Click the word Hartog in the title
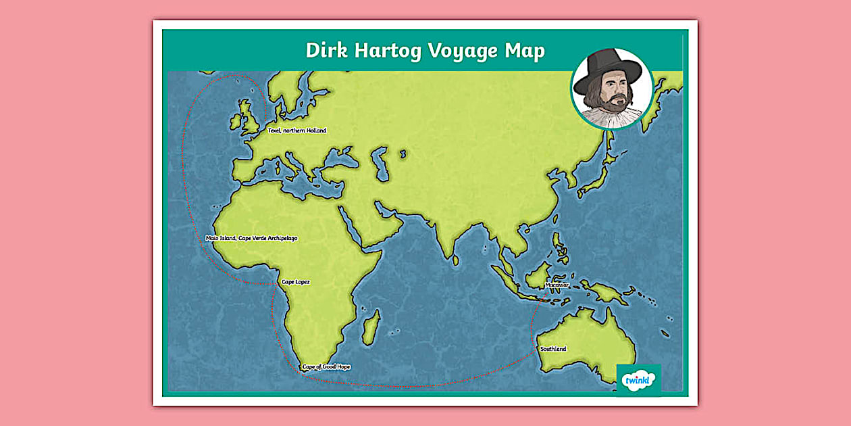[x=379, y=51]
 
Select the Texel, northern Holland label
[x=297, y=131]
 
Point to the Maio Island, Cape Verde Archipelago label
[x=251, y=238]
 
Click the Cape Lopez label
[x=295, y=281]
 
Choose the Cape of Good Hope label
[x=326, y=366]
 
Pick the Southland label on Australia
[x=553, y=349]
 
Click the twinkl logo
[x=638, y=380]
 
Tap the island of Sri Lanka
[x=455, y=260]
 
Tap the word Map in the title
[x=524, y=51]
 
